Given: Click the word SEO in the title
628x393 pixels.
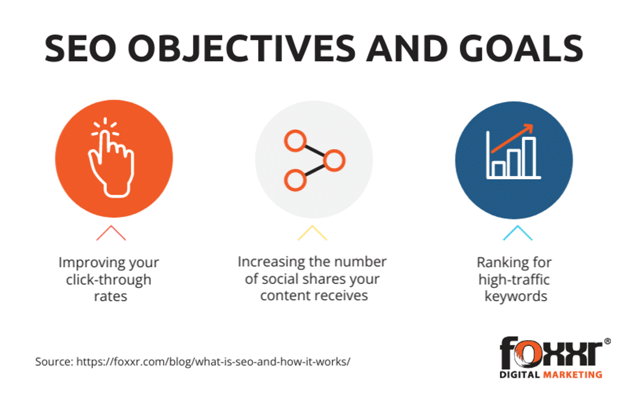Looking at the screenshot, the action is (x=80, y=48).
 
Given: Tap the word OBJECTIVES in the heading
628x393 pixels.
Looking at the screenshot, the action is (x=241, y=48).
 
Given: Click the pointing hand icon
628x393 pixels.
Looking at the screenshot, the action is (x=111, y=158).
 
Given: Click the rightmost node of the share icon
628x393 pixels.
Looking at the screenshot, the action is (x=334, y=161).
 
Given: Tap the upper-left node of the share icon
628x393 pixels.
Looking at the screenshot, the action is (x=295, y=141).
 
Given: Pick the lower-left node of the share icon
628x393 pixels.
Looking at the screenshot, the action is (x=295, y=180).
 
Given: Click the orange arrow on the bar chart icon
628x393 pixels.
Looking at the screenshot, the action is (x=512, y=138).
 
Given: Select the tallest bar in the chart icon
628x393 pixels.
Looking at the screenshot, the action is (x=529, y=157).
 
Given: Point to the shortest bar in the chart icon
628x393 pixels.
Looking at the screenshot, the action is (x=498, y=169).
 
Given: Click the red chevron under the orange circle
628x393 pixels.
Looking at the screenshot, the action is (x=111, y=233).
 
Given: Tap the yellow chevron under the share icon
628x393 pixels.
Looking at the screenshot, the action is (x=312, y=233).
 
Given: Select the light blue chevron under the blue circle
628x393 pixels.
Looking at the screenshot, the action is (x=518, y=233).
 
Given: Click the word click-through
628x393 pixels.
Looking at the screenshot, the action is (x=109, y=280).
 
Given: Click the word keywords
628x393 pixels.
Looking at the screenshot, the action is (x=516, y=296).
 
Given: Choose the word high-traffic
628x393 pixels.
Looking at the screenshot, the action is (x=514, y=280).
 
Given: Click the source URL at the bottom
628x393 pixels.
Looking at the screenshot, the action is (x=213, y=362).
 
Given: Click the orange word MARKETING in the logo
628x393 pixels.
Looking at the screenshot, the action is (x=572, y=374).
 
